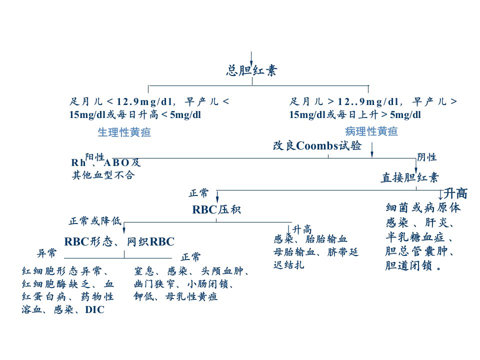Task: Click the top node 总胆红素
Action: (x=251, y=70)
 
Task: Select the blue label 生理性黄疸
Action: (x=124, y=132)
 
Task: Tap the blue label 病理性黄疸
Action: (x=371, y=131)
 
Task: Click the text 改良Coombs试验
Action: (x=317, y=145)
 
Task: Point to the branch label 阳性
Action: (x=94, y=157)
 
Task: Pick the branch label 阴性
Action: (x=426, y=157)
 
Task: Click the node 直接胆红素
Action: (x=409, y=177)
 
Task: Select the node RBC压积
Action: (x=216, y=209)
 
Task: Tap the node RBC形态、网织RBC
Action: (x=119, y=241)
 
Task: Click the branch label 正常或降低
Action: (x=95, y=220)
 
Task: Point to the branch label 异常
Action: (x=46, y=253)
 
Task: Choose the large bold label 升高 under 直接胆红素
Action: (x=455, y=193)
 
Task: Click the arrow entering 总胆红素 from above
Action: (x=251, y=59)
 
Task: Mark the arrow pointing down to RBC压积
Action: (x=217, y=196)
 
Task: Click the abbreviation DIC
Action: (x=95, y=309)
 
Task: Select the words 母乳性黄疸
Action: (x=191, y=296)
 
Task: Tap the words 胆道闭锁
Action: (x=408, y=265)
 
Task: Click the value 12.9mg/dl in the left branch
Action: (x=144, y=101)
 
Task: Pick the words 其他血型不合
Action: (x=103, y=175)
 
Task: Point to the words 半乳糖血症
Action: (x=415, y=237)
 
